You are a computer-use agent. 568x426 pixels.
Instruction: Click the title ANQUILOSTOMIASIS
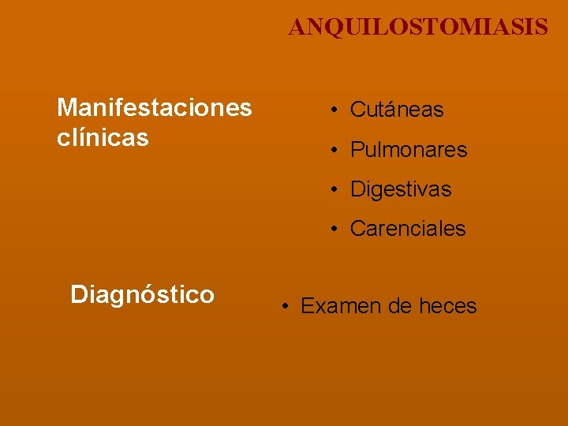417,28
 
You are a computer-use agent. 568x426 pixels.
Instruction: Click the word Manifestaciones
155,107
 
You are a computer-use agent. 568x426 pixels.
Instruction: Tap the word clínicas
103,138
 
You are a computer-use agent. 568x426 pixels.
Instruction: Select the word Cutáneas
397,110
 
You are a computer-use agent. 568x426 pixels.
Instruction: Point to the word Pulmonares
409,150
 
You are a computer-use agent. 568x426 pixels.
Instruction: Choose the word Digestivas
401,190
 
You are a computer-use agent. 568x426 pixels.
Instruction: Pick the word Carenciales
408,230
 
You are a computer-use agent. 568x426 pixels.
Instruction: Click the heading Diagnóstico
142,295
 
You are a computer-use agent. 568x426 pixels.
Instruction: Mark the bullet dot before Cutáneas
335,110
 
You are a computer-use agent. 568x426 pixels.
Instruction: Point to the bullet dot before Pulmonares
335,150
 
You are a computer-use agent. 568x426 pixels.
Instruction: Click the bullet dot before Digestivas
335,190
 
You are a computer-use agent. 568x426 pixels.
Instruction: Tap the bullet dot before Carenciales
335,230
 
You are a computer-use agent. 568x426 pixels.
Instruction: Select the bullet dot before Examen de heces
286,306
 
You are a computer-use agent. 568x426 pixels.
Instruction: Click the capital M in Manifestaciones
66,107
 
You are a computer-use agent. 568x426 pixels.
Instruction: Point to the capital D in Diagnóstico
78,295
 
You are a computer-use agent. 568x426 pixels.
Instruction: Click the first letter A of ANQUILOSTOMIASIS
297,28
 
